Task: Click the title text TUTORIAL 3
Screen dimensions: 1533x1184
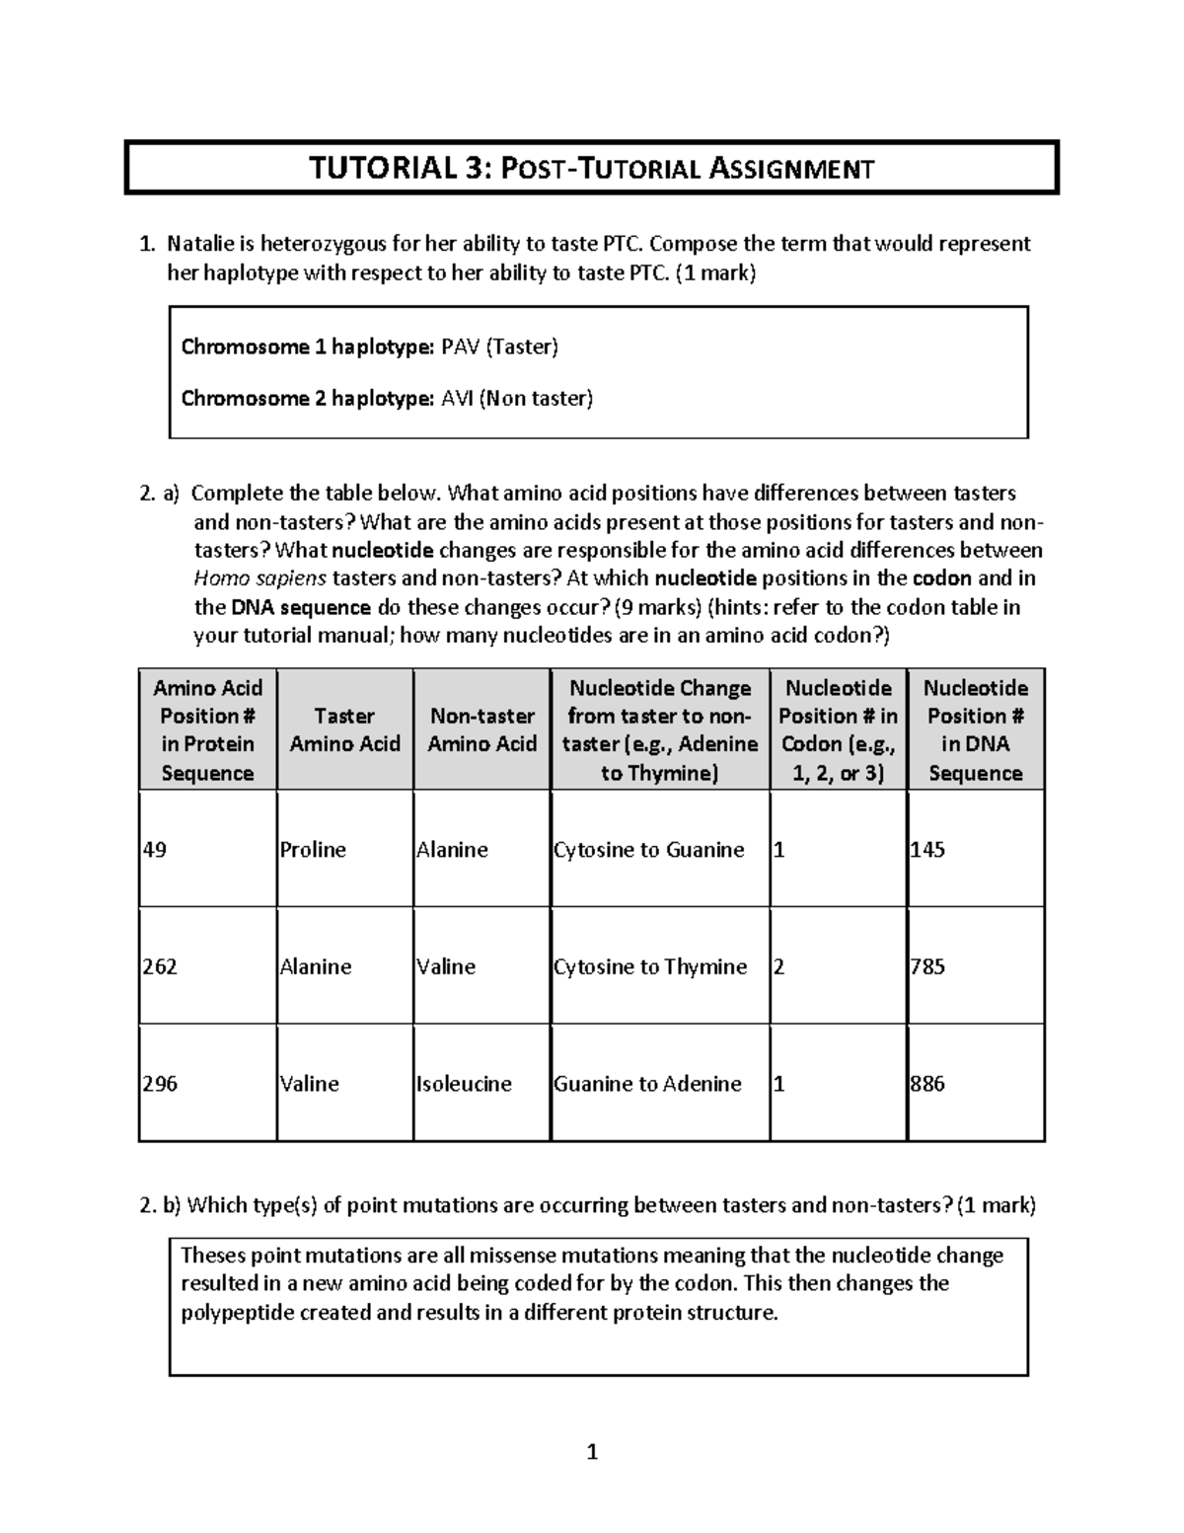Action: point(399,168)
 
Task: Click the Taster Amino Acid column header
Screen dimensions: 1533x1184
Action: point(344,729)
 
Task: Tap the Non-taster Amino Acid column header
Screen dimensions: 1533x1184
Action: point(481,729)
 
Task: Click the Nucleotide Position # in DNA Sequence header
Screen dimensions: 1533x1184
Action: point(975,729)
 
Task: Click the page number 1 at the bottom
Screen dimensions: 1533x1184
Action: point(592,1452)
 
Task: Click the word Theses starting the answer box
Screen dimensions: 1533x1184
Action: point(212,1256)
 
